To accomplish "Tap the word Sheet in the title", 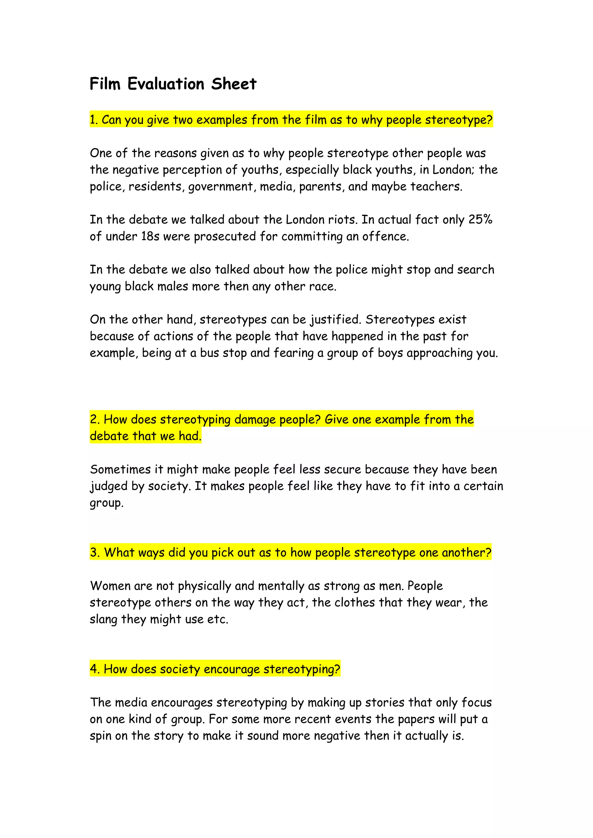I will coord(234,84).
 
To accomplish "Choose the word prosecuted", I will coord(225,237).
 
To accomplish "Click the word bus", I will coord(209,353).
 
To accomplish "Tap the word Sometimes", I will coord(120,469).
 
